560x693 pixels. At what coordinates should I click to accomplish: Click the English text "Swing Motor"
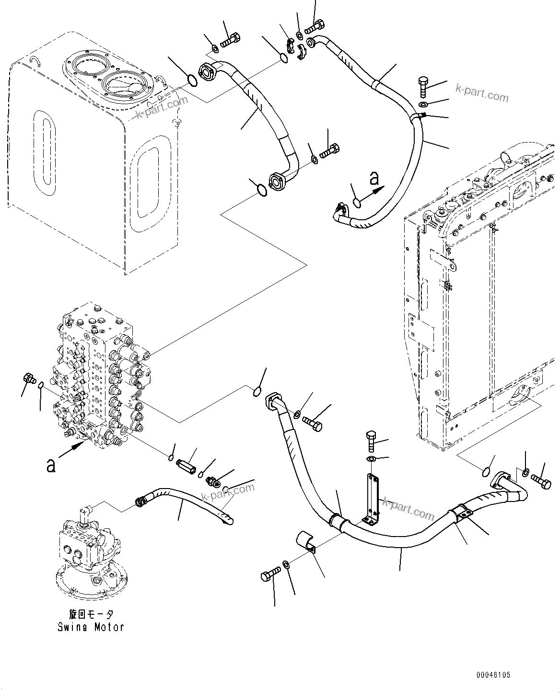click(91, 627)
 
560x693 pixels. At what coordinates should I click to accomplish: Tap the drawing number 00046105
click(493, 675)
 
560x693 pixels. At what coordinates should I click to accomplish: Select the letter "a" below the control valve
click(50, 465)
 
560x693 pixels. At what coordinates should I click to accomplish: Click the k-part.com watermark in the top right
click(481, 94)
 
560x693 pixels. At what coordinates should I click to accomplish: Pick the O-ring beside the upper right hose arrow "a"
click(357, 203)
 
